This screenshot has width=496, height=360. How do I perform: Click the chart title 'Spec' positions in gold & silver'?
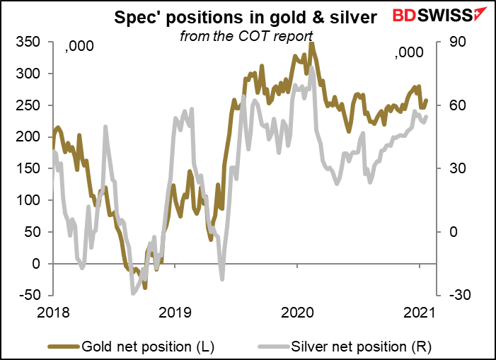coord(248,16)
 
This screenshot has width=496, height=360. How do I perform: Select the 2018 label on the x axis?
coord(54,311)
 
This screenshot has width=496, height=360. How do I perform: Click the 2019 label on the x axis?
coord(175,311)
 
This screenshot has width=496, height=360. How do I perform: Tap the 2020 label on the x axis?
coord(297,311)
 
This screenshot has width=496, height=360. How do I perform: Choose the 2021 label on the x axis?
coord(419,311)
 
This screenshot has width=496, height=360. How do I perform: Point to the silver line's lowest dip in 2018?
coord(132,294)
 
